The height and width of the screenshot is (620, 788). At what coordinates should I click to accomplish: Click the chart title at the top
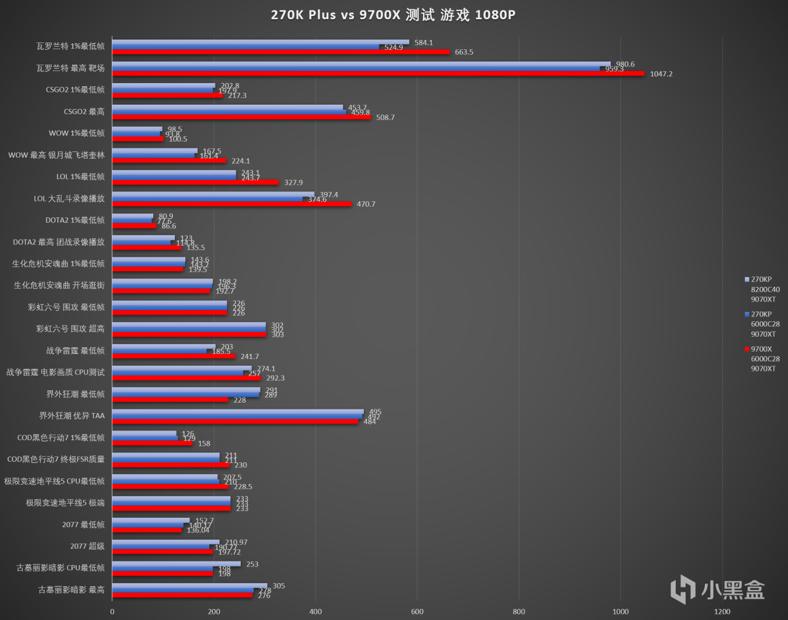[x=393, y=15]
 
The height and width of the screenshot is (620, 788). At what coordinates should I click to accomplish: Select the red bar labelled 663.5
[x=281, y=52]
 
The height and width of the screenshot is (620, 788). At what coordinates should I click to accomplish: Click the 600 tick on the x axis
[x=417, y=611]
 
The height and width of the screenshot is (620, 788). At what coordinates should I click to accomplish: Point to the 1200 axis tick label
[x=722, y=611]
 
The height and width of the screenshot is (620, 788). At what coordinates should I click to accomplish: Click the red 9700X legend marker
[x=747, y=349]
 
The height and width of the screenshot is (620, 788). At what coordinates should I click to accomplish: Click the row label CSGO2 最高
[x=84, y=111]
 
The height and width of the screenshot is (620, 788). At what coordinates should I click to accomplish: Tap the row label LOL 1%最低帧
[x=80, y=177]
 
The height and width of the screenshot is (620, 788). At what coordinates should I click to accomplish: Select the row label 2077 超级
[x=87, y=546]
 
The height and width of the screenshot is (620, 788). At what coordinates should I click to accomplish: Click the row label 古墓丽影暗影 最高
[x=71, y=590]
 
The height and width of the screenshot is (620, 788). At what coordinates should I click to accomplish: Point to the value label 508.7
[x=385, y=118]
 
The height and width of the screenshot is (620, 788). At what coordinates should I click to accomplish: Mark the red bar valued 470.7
[x=231, y=204]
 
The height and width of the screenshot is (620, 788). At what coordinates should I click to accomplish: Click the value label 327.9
[x=293, y=182]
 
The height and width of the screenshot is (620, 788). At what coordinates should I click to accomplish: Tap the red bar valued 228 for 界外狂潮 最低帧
[x=170, y=400]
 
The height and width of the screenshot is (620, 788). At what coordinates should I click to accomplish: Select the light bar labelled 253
[x=176, y=563]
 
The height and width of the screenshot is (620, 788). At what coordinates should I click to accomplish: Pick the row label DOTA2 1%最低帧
[x=74, y=220]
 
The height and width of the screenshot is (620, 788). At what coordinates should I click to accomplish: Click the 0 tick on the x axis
[x=112, y=611]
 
